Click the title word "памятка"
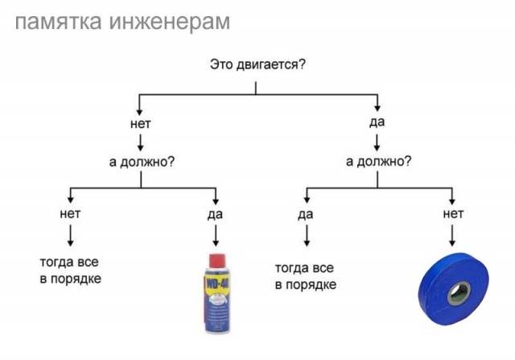click(58, 22)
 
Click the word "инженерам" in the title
click(169, 22)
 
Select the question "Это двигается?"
click(257, 64)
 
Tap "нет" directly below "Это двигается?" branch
click(141, 124)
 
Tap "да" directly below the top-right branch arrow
click(377, 122)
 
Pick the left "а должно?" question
click(142, 162)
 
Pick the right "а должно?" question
click(378, 161)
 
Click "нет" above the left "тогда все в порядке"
click(70, 213)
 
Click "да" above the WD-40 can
click(215, 215)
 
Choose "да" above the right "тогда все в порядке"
click(306, 215)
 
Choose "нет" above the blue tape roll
click(453, 213)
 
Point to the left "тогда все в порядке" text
click(70, 271)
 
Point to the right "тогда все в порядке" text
click(306, 276)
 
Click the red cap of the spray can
click(216, 261)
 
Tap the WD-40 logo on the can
click(217, 283)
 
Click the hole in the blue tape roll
click(459, 293)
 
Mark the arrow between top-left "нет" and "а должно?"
click(141, 143)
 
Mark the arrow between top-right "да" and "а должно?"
click(377, 143)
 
